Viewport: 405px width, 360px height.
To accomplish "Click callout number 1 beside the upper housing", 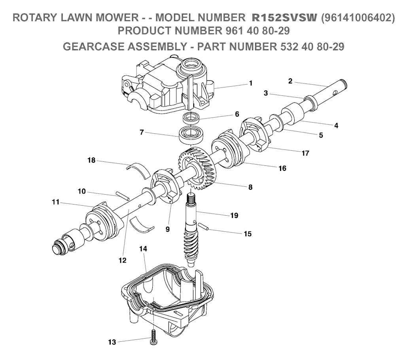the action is pyautogui.click(x=250, y=83).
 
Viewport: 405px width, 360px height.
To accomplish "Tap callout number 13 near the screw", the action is pyautogui.click(x=112, y=343).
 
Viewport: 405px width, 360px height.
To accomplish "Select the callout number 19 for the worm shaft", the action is pyautogui.click(x=234, y=215).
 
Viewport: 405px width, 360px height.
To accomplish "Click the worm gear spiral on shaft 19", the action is pyautogui.click(x=191, y=246).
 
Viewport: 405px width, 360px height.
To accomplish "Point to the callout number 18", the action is pyautogui.click(x=91, y=161).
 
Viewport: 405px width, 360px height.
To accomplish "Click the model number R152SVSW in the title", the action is pyautogui.click(x=284, y=18).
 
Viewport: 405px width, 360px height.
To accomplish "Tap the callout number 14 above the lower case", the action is pyautogui.click(x=143, y=249).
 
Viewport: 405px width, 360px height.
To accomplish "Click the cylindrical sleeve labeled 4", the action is pyautogui.click(x=292, y=112).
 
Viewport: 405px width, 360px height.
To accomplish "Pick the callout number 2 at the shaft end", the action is pyautogui.click(x=290, y=81).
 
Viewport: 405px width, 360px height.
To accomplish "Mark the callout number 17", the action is pyautogui.click(x=305, y=153).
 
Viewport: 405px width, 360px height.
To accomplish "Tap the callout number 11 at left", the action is pyautogui.click(x=55, y=202).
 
